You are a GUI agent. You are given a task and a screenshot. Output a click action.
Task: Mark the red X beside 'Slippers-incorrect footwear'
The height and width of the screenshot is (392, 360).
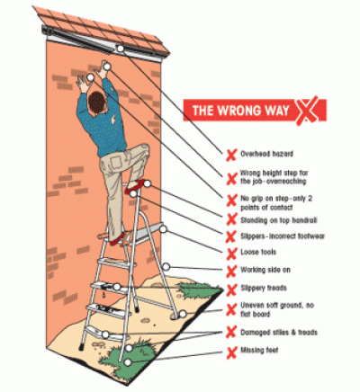231,235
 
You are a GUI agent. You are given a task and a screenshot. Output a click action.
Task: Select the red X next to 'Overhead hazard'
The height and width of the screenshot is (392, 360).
231,153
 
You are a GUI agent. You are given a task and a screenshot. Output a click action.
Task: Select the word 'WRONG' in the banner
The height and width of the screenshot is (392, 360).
238,111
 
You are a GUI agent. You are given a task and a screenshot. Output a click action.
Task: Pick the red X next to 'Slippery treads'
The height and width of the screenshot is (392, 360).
231,288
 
